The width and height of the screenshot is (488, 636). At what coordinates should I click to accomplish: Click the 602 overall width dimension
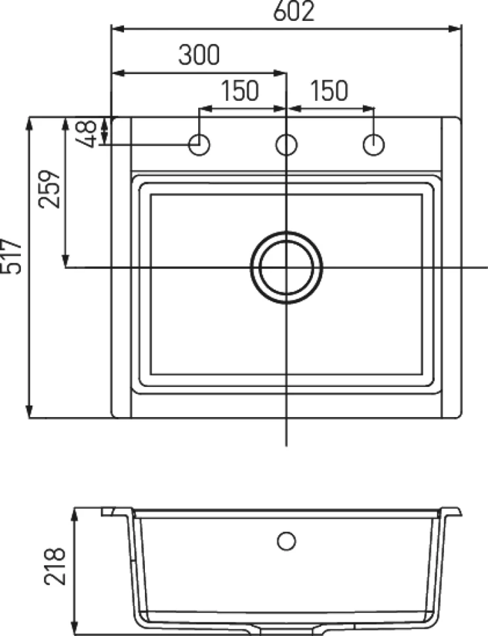(x=294, y=11)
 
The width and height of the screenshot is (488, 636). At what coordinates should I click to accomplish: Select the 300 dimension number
(x=199, y=55)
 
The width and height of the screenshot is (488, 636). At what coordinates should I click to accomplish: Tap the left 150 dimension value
(x=240, y=90)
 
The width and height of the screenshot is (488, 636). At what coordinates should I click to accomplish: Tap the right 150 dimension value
(x=329, y=90)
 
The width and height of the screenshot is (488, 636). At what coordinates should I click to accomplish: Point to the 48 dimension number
(x=86, y=134)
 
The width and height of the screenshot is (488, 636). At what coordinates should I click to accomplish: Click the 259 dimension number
(x=49, y=189)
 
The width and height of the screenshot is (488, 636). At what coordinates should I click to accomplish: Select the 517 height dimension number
(x=11, y=256)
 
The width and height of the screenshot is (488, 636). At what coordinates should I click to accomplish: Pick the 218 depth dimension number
(x=54, y=566)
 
